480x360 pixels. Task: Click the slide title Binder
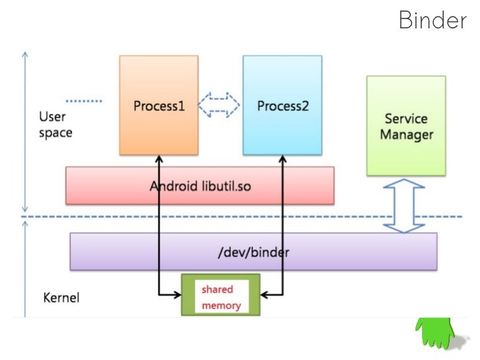[x=432, y=20]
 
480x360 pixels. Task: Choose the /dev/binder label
[x=254, y=252]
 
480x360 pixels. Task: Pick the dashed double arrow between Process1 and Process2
[x=220, y=104]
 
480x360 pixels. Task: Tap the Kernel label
[x=61, y=298]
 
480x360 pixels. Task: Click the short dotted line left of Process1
[x=84, y=101]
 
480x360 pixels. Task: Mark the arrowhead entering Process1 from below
[x=159, y=159]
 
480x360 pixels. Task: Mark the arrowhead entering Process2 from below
[x=283, y=159]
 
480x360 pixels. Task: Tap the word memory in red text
[x=221, y=306]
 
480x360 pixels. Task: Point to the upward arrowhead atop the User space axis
[x=24, y=54]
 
